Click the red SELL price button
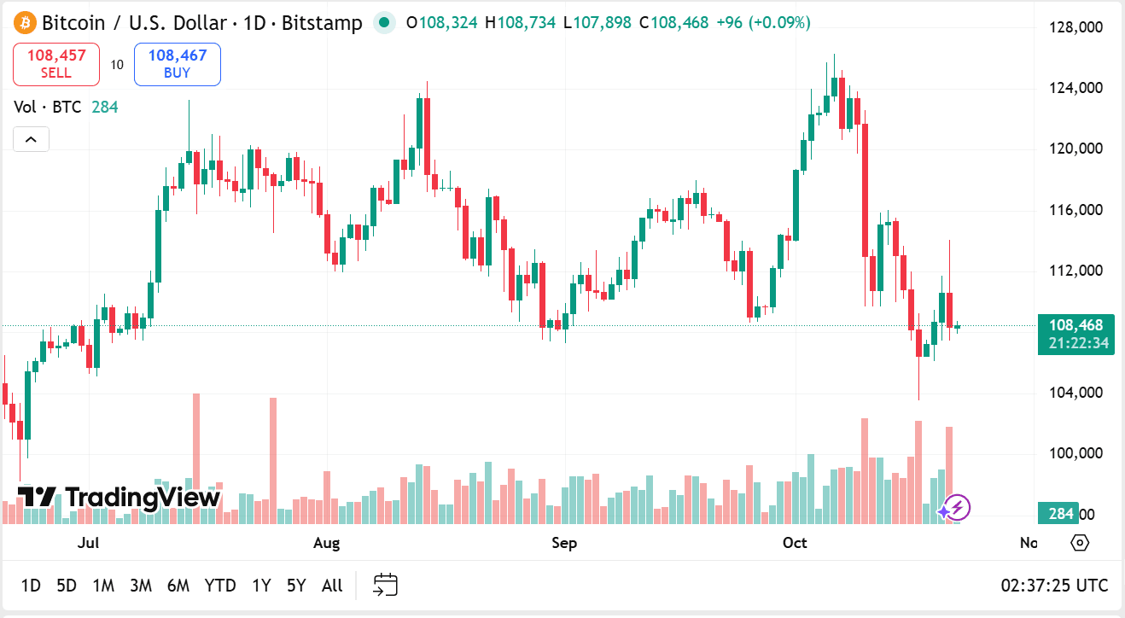tap(56, 64)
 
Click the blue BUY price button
tap(177, 64)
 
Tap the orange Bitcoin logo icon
tap(25, 22)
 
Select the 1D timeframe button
tap(31, 586)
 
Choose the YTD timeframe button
tap(220, 586)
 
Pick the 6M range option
tap(178, 586)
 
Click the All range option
tap(332, 586)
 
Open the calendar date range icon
tap(386, 586)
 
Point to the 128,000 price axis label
tap(1075, 27)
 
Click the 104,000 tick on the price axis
tap(1075, 393)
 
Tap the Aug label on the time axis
tap(326, 543)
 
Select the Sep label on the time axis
tap(564, 543)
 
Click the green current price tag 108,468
tap(1075, 325)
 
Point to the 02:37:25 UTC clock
tap(1054, 586)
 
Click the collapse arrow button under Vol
tap(31, 139)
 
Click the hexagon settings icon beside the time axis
tap(1080, 543)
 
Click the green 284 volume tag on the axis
tap(1059, 514)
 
